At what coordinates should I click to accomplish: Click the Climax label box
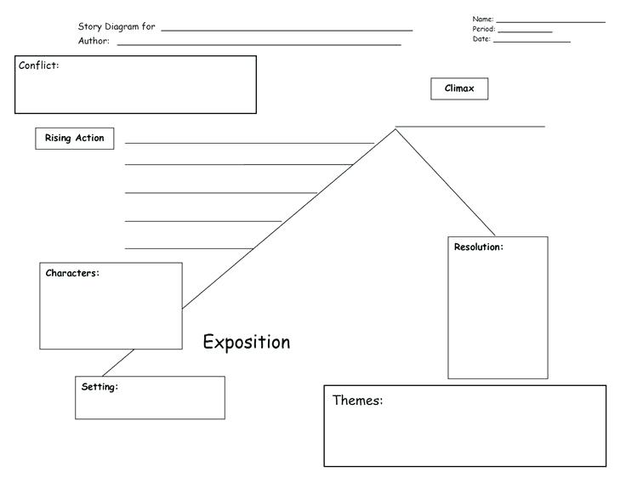point(459,88)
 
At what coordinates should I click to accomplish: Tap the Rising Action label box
point(75,139)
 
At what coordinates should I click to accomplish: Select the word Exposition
point(246,342)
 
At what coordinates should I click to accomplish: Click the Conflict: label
point(39,65)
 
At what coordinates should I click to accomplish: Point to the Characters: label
point(72,273)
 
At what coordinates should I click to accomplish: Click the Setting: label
point(100,387)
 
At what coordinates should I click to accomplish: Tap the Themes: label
point(357,401)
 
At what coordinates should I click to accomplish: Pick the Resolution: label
point(478,247)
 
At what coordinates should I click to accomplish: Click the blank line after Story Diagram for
point(287,30)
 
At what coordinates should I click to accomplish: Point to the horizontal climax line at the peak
point(470,127)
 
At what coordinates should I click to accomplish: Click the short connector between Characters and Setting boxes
point(118,362)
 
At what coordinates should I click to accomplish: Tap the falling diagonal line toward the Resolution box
point(445,182)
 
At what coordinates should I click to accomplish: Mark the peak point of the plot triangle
point(396,129)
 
